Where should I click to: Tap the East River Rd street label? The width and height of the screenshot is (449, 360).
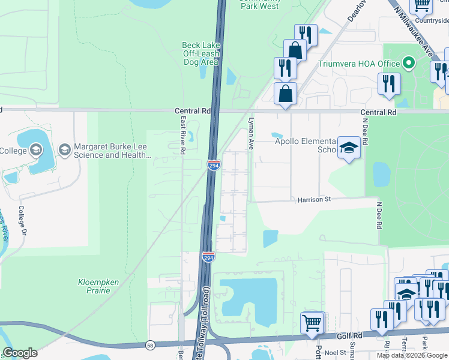pos(182,135)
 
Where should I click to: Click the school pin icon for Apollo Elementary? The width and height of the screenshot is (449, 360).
pos(348,148)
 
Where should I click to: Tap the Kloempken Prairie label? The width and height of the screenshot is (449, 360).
pos(94,286)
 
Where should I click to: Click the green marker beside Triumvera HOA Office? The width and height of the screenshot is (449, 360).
pos(409,63)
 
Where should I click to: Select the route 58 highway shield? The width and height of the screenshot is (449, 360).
pos(150,345)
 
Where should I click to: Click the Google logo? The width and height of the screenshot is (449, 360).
pos(20,353)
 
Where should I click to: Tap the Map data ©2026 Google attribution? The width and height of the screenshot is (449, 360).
pos(411,355)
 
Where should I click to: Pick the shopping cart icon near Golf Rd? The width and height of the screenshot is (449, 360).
pos(312,323)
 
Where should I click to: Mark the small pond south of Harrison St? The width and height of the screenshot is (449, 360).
pos(270,238)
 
